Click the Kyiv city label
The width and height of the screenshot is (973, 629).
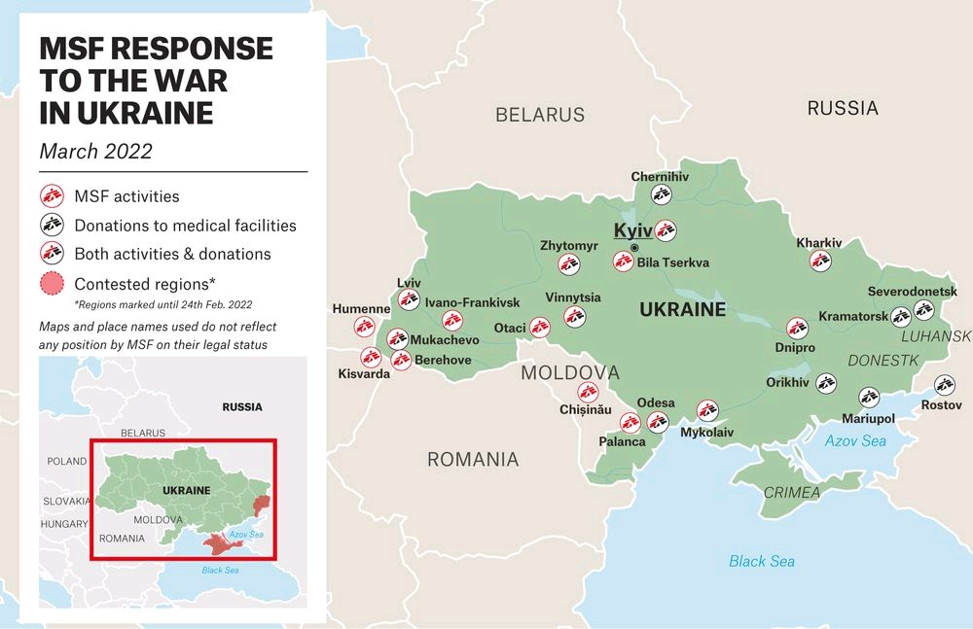pyautogui.click(x=632, y=231)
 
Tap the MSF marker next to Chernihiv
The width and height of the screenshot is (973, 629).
pyautogui.click(x=662, y=194)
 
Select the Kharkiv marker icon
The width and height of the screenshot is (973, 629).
pyautogui.click(x=820, y=261)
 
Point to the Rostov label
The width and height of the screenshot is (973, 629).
pyautogui.click(x=941, y=404)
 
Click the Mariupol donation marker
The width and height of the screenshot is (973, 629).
pyautogui.click(x=869, y=397)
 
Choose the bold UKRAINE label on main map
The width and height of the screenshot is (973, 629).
pyautogui.click(x=682, y=310)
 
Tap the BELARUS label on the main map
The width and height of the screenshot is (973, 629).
pyautogui.click(x=540, y=115)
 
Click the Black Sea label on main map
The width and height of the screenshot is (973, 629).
pyautogui.click(x=762, y=561)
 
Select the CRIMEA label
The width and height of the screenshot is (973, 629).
pyautogui.click(x=791, y=493)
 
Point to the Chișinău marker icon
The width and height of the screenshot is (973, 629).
pyautogui.click(x=588, y=392)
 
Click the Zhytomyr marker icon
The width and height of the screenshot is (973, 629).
pyautogui.click(x=569, y=263)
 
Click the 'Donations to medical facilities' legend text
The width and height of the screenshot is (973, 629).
pyautogui.click(x=185, y=226)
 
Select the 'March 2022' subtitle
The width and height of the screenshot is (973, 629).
pyautogui.click(x=95, y=152)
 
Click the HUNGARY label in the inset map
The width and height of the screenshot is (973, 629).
pyautogui.click(x=64, y=524)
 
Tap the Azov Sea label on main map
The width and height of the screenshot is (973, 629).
pyautogui.click(x=855, y=440)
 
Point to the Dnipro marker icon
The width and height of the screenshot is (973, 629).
pyautogui.click(x=797, y=329)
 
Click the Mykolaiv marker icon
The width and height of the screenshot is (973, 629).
pyautogui.click(x=706, y=411)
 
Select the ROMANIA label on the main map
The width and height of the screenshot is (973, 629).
pyautogui.click(x=473, y=460)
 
